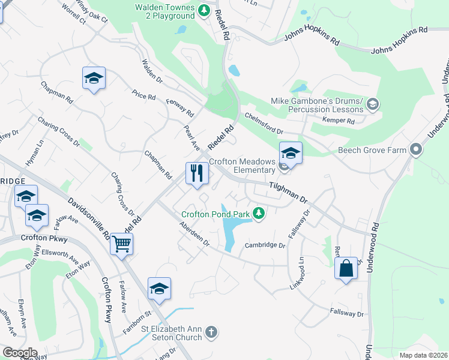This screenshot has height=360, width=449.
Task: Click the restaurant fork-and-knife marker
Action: pos(197,174)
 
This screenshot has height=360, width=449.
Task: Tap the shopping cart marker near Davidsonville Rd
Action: pos(122,244)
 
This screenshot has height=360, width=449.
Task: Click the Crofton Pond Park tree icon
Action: pos(259,214)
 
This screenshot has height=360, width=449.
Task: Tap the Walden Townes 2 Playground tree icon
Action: pos(204,10)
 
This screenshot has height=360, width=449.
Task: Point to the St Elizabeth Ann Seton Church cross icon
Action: pos(211,331)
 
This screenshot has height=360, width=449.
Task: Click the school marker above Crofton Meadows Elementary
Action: pos(291,152)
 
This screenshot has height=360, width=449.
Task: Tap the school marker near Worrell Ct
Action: pos(94,78)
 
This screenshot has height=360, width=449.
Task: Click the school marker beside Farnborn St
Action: pos(159,289)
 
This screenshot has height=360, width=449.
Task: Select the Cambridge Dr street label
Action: pos(265,245)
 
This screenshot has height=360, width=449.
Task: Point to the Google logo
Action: pos(20,353)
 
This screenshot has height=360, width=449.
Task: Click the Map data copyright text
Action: pos(423,355)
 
